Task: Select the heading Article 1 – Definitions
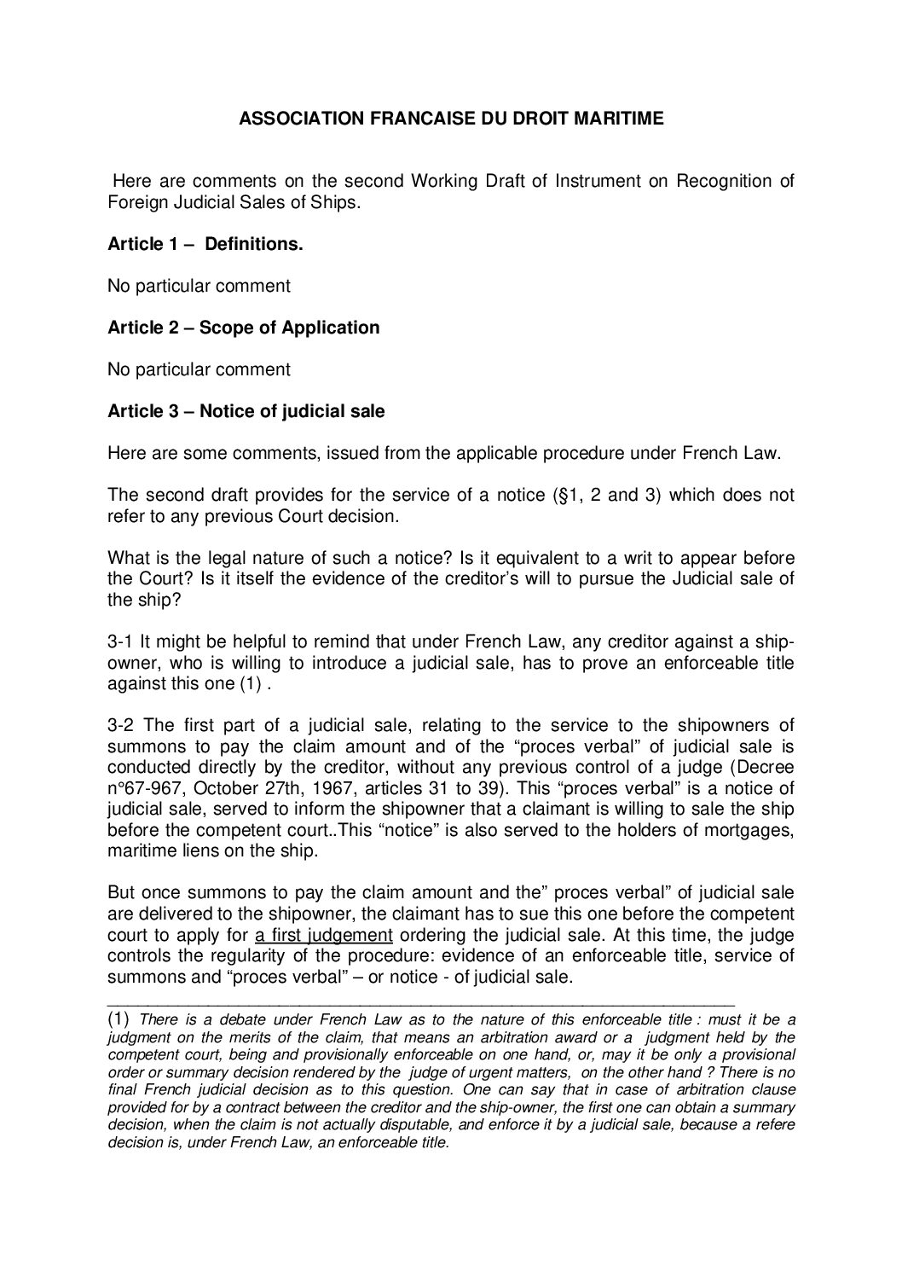tap(205, 245)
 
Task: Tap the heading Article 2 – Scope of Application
tap(243, 328)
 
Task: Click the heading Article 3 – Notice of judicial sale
tap(246, 411)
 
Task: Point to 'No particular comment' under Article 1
tap(198, 286)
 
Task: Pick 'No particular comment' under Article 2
tap(198, 369)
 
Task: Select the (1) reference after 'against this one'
tap(254, 683)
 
